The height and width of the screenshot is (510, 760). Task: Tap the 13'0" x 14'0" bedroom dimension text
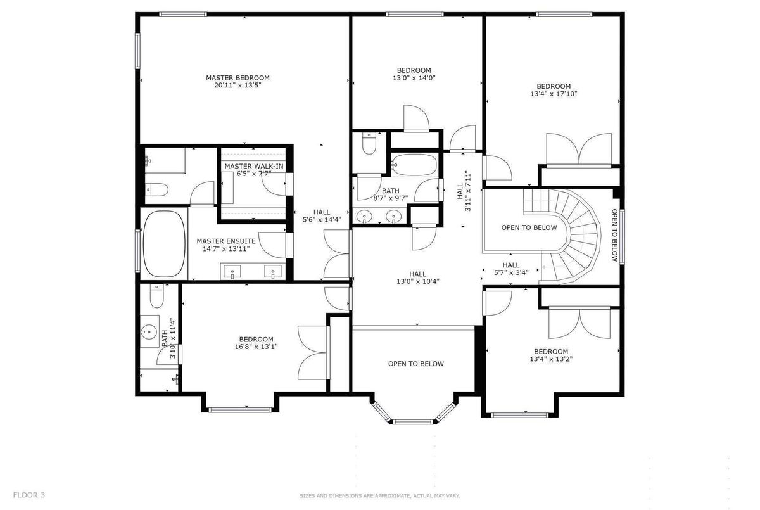point(414,78)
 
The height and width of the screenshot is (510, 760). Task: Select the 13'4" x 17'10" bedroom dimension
point(554,94)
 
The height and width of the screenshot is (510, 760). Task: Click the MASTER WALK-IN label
point(254,166)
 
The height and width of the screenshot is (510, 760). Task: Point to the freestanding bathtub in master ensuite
point(164,244)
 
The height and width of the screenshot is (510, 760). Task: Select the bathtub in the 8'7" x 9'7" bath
point(414,165)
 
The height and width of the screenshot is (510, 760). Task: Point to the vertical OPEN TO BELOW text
point(614,235)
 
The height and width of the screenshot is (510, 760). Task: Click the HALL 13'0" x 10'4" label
point(417,277)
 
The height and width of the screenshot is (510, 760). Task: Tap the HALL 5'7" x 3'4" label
point(511,269)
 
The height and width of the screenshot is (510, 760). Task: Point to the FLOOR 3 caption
point(29,495)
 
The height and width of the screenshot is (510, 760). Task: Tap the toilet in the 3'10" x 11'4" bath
point(156,296)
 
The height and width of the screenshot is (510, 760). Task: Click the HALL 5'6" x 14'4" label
point(322,216)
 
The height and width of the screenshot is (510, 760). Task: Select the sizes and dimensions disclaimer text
point(379,496)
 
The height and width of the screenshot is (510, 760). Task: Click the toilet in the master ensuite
point(156,189)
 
